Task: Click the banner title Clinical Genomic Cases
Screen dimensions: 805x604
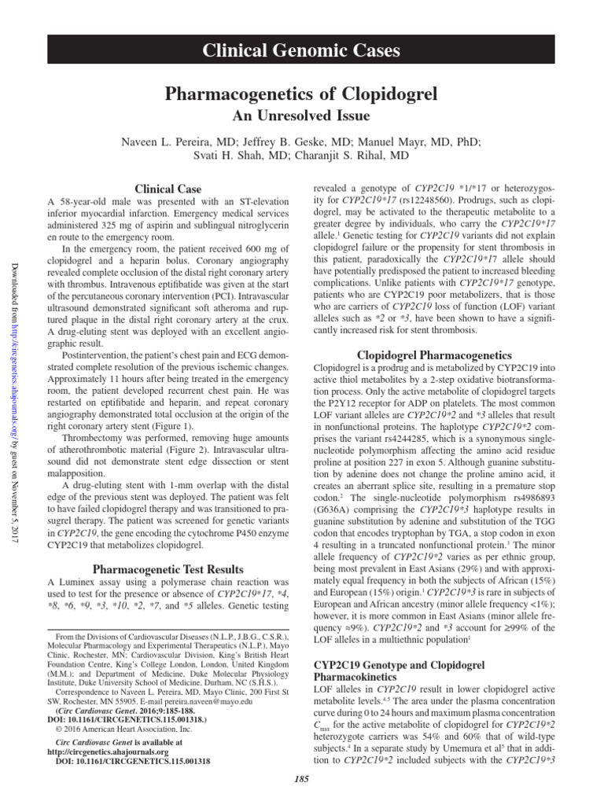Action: click(x=302, y=51)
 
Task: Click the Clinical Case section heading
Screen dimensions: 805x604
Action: click(x=166, y=189)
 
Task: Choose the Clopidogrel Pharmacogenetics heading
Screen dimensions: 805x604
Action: click(x=434, y=355)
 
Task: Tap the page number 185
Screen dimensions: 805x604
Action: click(x=302, y=778)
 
